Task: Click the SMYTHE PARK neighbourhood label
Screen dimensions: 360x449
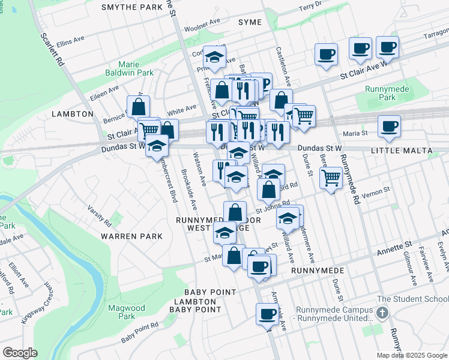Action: [x=132, y=7]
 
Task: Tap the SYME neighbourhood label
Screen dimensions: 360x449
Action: [x=250, y=22]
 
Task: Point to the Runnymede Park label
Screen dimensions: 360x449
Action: [x=380, y=92]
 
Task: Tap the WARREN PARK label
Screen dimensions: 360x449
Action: [x=131, y=236]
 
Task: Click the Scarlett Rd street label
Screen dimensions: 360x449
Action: [x=52, y=48]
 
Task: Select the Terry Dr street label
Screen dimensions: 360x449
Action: [x=311, y=6]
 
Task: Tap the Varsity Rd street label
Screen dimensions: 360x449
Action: [x=100, y=215]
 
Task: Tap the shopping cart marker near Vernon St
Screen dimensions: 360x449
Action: [x=331, y=178]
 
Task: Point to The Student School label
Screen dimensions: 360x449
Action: [x=412, y=299]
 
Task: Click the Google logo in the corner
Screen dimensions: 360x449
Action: [x=20, y=353]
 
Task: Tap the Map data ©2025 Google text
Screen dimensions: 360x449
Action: [x=412, y=355]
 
